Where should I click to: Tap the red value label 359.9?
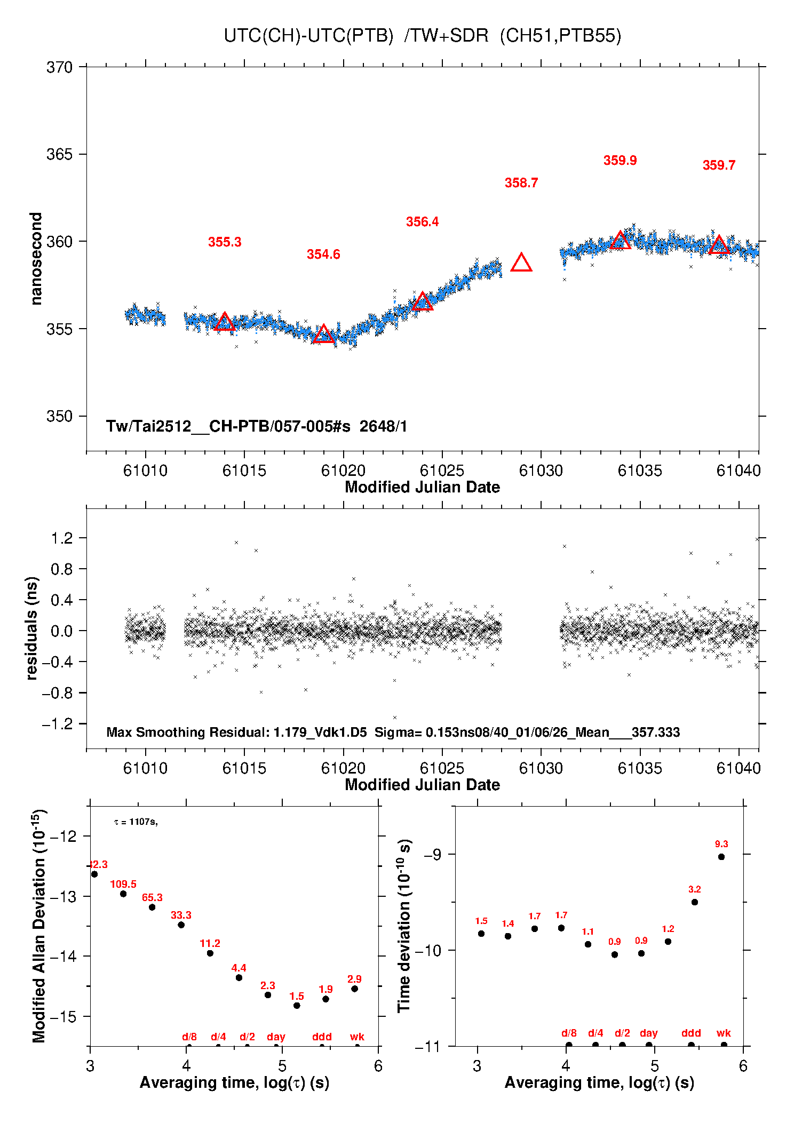pos(620,161)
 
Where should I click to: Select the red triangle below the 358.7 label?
pos(521,263)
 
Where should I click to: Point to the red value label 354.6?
pos(323,254)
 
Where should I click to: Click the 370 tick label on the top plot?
pos(59,67)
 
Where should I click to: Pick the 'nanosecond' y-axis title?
pos(36,259)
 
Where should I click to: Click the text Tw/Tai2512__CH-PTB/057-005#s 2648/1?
pos(256,426)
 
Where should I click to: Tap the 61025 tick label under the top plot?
pos(442,471)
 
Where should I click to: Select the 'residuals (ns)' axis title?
pos(32,628)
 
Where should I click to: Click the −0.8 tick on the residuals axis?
pos(58,693)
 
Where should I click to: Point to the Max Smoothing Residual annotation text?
pos(393,732)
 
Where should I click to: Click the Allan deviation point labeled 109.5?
pos(123,894)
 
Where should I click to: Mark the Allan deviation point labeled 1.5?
pos(297,1006)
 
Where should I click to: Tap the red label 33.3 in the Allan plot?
pos(181,915)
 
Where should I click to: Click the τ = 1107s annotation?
pos(136,822)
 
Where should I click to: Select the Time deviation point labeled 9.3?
pos(721,857)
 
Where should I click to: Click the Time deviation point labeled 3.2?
pos(695,902)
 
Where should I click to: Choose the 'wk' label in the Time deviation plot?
pos(724,1033)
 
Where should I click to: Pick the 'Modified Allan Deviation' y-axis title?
pos(38,926)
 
